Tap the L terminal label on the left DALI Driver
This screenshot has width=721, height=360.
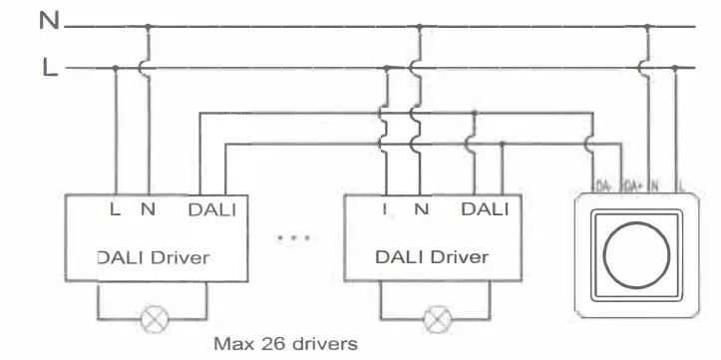pyautogui.click(x=116, y=209)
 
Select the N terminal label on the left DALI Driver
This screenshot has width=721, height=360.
pyautogui.click(x=149, y=209)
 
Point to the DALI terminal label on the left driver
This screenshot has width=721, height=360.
pyautogui.click(x=212, y=209)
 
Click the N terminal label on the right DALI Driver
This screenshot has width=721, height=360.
pyautogui.click(x=421, y=209)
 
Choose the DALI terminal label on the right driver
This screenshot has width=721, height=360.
pyautogui.click(x=486, y=209)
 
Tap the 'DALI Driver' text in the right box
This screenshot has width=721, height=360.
pyautogui.click(x=432, y=257)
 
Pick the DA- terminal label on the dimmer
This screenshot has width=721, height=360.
pyautogui.click(x=602, y=186)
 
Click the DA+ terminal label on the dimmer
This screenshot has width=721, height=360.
pyautogui.click(x=629, y=186)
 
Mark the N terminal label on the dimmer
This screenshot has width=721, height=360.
pyautogui.click(x=654, y=186)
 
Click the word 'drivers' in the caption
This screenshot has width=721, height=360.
pyautogui.click(x=324, y=345)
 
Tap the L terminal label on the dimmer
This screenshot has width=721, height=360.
pyautogui.click(x=680, y=186)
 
